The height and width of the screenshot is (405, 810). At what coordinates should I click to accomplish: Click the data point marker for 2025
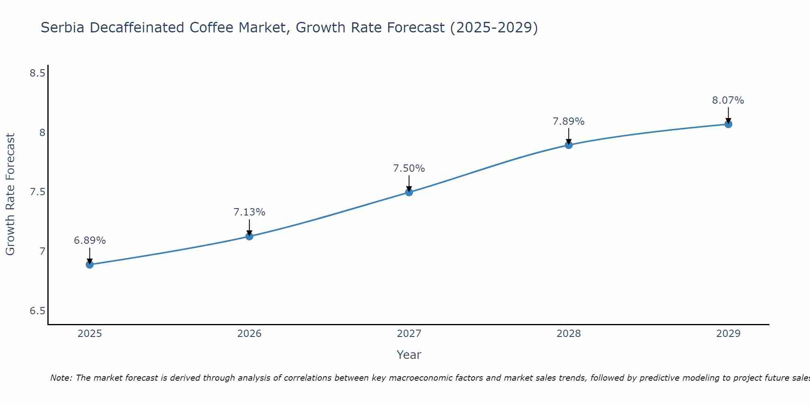(90, 265)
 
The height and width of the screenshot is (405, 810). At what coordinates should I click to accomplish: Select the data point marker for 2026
(249, 236)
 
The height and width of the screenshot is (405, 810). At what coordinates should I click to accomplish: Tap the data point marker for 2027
(409, 192)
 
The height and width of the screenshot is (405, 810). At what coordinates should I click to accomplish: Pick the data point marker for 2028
(569, 145)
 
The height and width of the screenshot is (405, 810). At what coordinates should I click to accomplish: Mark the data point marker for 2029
(728, 124)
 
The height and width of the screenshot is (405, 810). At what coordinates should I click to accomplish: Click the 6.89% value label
(90, 241)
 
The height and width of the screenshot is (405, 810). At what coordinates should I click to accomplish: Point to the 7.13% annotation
(249, 212)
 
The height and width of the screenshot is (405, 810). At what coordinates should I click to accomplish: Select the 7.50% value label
(409, 168)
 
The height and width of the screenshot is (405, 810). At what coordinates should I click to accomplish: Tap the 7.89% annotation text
(569, 122)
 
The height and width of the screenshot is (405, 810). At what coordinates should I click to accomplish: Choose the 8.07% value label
(728, 100)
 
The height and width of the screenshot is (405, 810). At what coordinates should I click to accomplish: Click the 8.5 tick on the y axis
(37, 73)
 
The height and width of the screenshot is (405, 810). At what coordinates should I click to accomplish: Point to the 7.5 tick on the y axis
(37, 192)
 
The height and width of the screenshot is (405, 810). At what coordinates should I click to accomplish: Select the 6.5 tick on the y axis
(37, 311)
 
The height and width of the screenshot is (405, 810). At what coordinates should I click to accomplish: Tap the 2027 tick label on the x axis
(409, 334)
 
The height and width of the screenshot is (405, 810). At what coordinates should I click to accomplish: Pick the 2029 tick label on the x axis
(728, 334)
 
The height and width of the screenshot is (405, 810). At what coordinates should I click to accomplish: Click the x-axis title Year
(409, 355)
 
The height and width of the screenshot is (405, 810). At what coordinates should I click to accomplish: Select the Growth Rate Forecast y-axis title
(11, 194)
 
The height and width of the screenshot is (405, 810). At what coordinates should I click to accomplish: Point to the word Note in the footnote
(60, 378)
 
